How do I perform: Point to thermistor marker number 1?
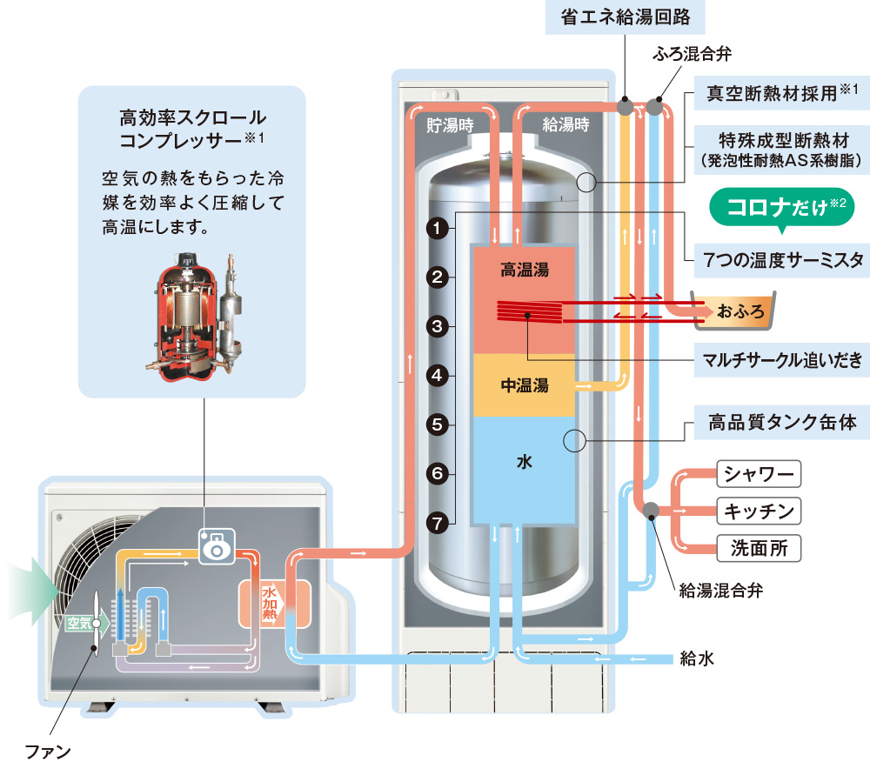click(x=438, y=229)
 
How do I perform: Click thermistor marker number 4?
click(x=438, y=376)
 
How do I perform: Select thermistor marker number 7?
click(x=438, y=523)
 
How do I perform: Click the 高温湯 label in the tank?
click(x=524, y=270)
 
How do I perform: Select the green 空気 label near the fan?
click(x=81, y=622)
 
